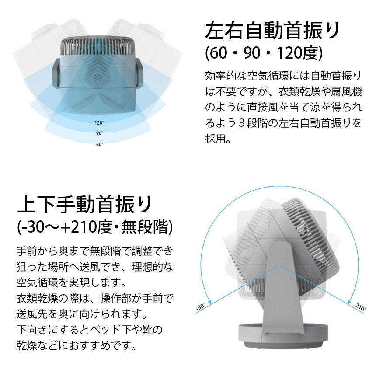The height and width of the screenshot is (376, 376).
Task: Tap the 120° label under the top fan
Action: coord(99,123)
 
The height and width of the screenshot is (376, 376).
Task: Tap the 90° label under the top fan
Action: coord(99,133)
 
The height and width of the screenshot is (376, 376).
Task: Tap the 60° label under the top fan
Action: coord(99,144)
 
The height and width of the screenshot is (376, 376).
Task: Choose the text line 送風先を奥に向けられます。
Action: coord(80,314)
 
